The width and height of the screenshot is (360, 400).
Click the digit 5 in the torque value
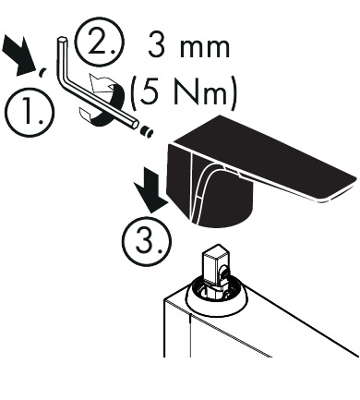[150, 93]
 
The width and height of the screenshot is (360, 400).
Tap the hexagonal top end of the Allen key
[61, 39]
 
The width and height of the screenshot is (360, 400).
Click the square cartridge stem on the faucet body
[217, 263]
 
